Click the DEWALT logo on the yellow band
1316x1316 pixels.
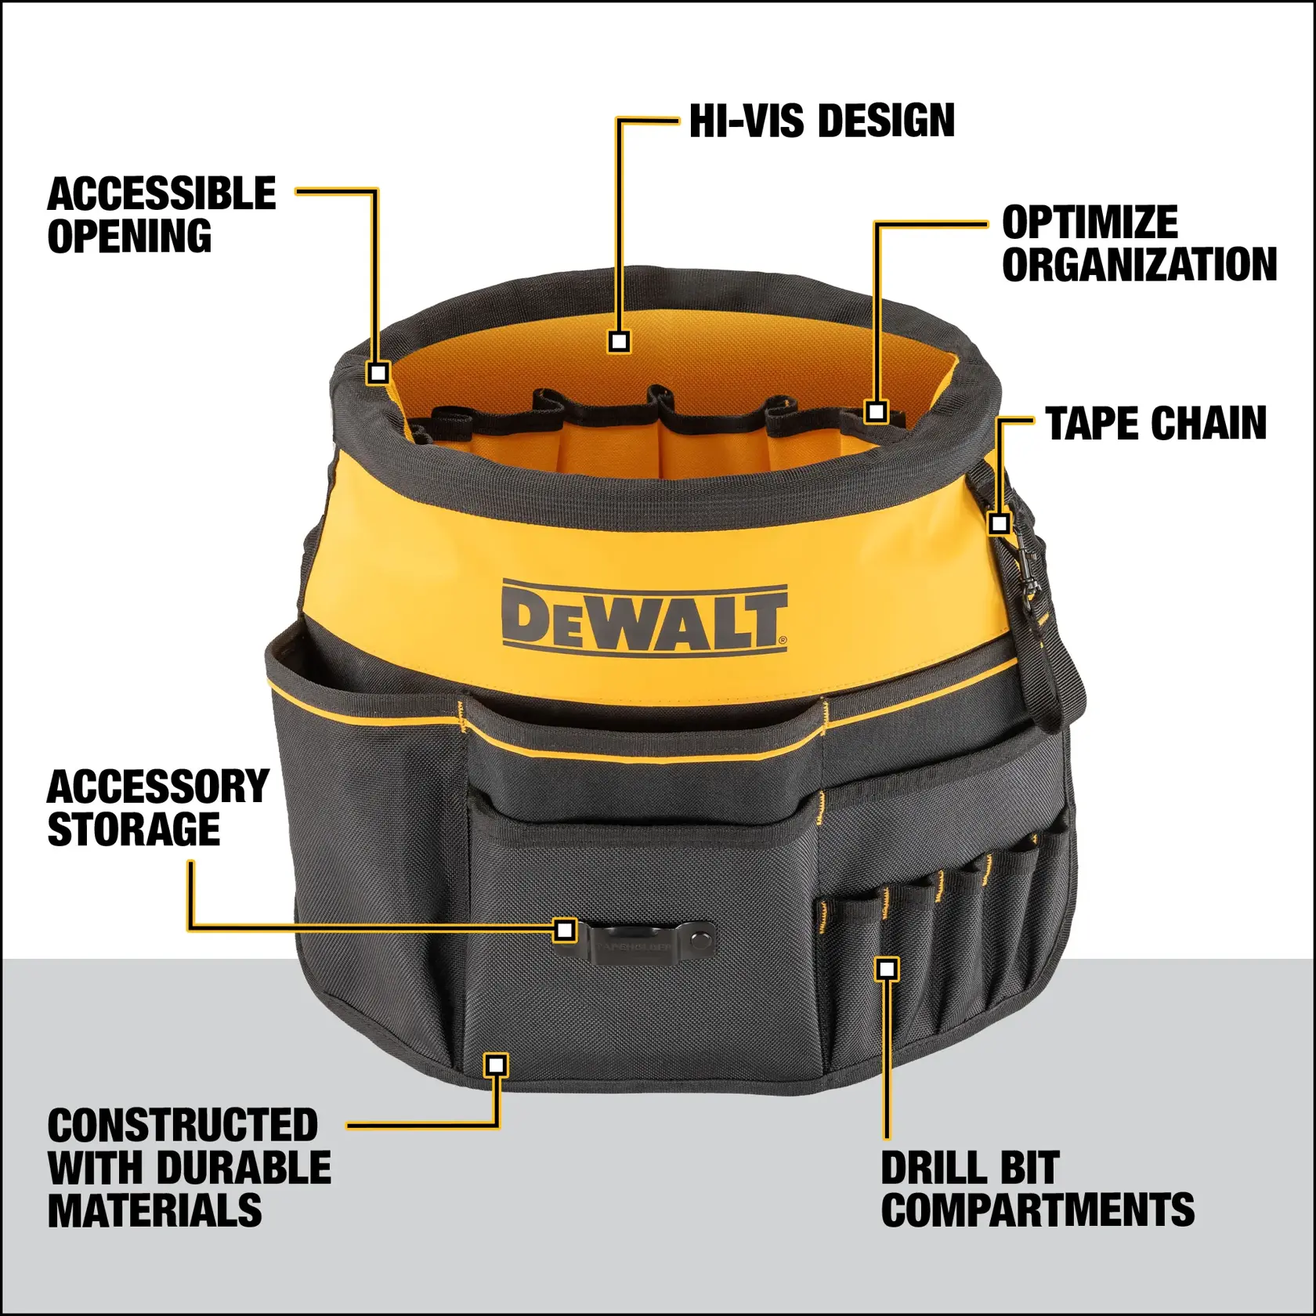pos(644,617)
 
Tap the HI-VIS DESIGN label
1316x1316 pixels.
pos(822,121)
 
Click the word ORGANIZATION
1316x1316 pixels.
pos(1139,264)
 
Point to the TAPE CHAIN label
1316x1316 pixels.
pos(1155,424)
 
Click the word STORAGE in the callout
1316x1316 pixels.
pos(133,830)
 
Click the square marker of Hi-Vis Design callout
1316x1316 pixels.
pos(619,342)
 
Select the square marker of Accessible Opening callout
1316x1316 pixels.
pos(378,372)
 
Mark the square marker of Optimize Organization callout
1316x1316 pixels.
pos(877,411)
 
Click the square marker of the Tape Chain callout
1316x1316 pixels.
pos(999,522)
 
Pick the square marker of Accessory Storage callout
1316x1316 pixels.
pos(564,930)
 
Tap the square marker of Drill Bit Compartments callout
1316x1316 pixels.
pos(886,970)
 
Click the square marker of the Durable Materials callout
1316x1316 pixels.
pos(496,1065)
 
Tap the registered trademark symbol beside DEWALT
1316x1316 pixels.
pos(783,641)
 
